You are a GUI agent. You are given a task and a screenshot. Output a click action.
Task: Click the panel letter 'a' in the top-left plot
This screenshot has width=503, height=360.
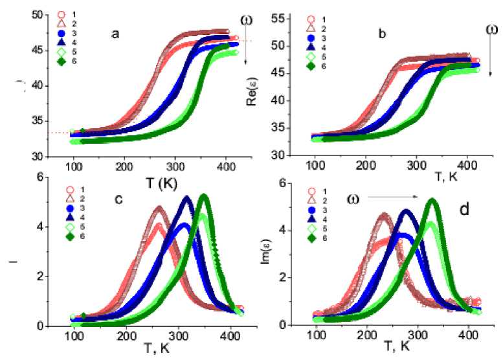click(x=115, y=34)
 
